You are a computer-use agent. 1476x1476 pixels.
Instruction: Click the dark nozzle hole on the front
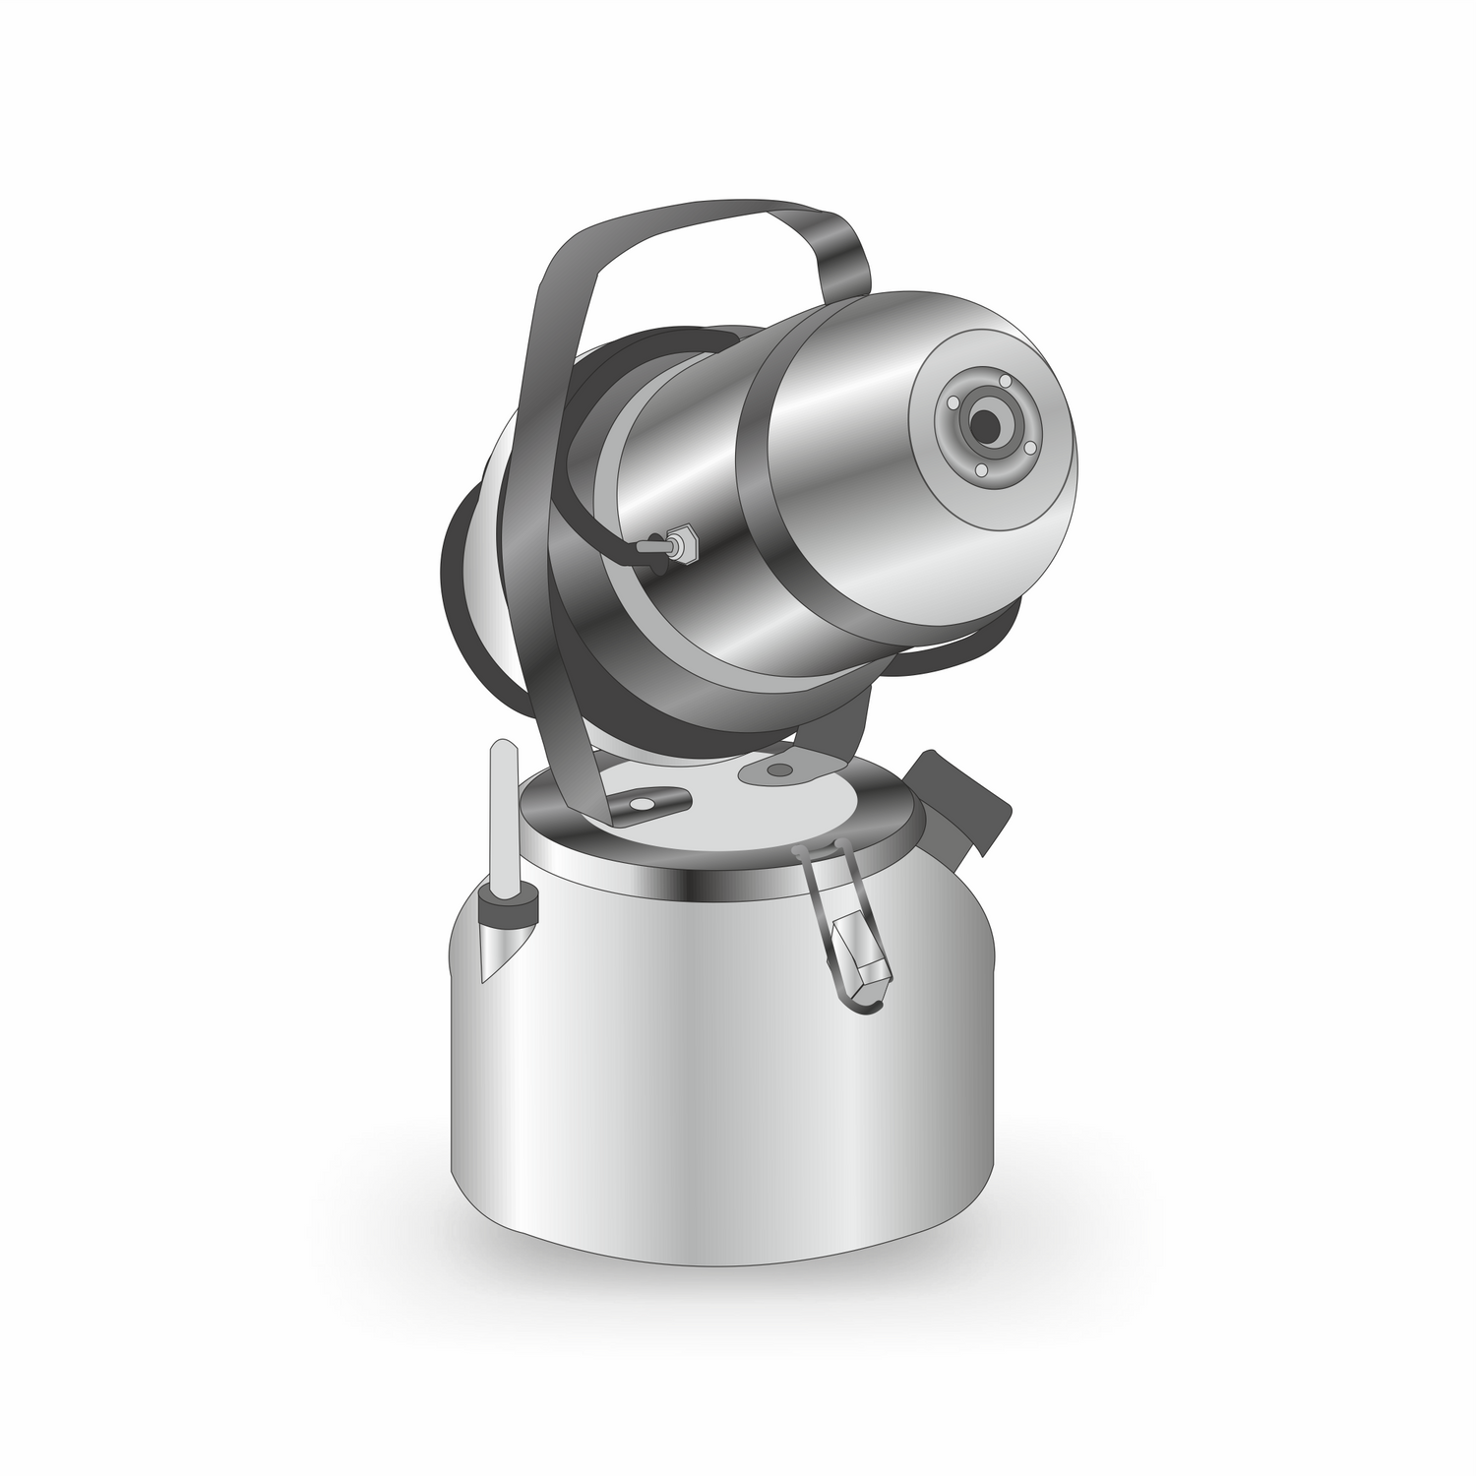(x=984, y=424)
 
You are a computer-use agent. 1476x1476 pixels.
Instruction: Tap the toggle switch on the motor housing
(x=663, y=544)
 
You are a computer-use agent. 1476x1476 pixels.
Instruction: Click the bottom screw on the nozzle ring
(x=980, y=471)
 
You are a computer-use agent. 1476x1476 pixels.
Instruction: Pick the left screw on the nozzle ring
(x=952, y=402)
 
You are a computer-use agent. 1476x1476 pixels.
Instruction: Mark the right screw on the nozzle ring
(x=1029, y=448)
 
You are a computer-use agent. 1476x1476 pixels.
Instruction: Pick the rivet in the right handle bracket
(x=779, y=769)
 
